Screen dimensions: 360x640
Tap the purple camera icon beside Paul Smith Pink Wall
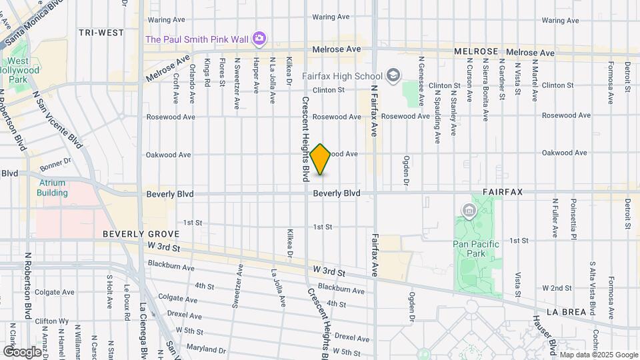[x=259, y=39]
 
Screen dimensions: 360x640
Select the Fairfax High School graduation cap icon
[x=394, y=75]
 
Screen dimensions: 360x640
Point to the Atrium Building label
[x=52, y=188]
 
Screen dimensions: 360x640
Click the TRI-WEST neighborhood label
[x=101, y=32]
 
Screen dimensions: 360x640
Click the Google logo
[x=22, y=351]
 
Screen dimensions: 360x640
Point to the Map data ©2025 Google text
[x=598, y=355]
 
